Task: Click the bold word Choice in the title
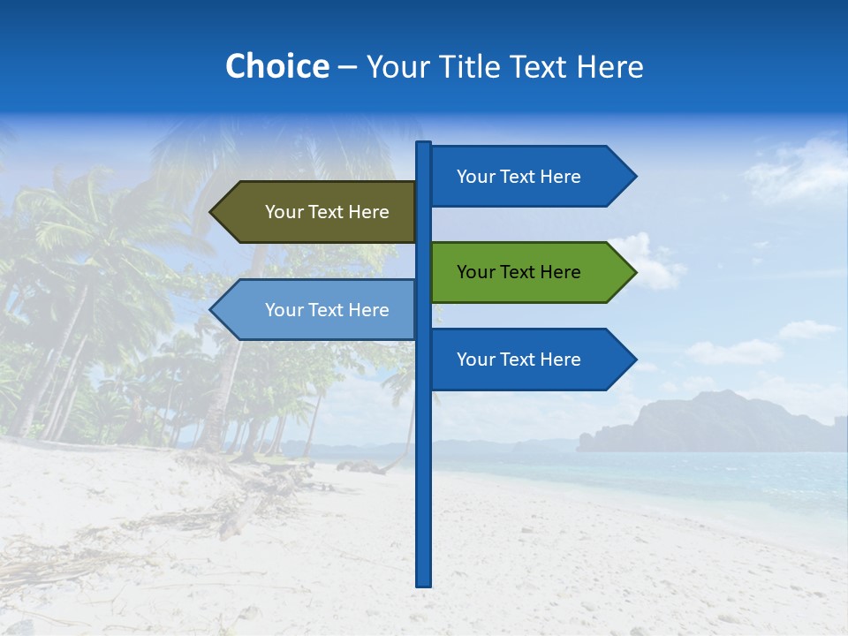[x=276, y=66]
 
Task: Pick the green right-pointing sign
[x=530, y=272]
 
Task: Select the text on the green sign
[x=519, y=272]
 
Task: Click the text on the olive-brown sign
[x=327, y=212]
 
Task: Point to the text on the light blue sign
[x=327, y=310]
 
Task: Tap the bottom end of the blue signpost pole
[x=424, y=582]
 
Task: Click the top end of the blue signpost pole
[x=424, y=145]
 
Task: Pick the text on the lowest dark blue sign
[x=519, y=360]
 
